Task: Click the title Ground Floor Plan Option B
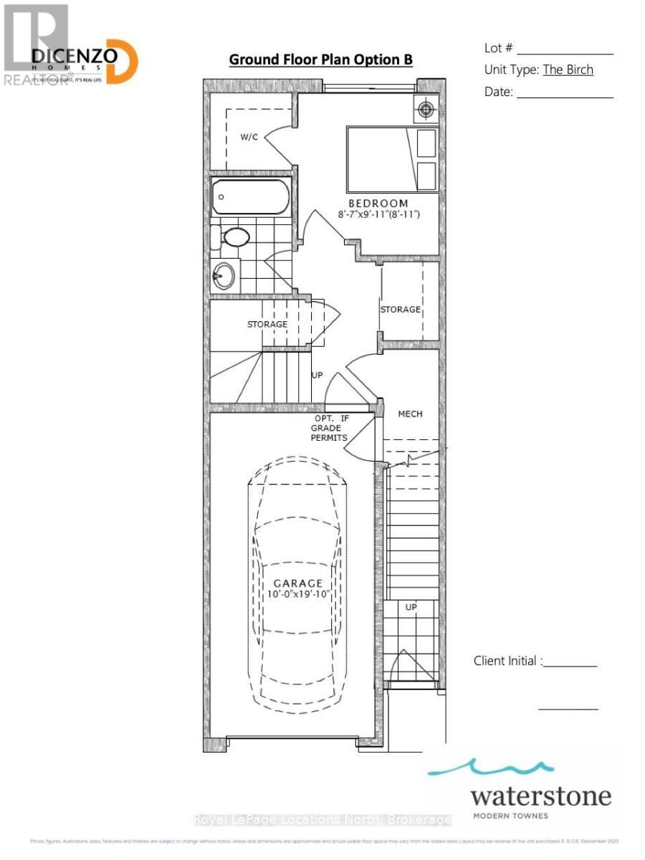pyautogui.click(x=320, y=59)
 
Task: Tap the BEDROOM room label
pyautogui.click(x=378, y=203)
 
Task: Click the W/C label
pyautogui.click(x=249, y=137)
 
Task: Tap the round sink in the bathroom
pyautogui.click(x=224, y=274)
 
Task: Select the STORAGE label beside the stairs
pyautogui.click(x=267, y=324)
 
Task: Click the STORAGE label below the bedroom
pyautogui.click(x=400, y=309)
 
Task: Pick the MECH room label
pyautogui.click(x=410, y=414)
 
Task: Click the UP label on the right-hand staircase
pyautogui.click(x=411, y=607)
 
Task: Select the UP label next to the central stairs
pyautogui.click(x=316, y=375)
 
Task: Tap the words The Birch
pyautogui.click(x=568, y=70)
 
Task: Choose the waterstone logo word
pyautogui.click(x=541, y=796)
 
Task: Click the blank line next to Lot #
pyautogui.click(x=565, y=51)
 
